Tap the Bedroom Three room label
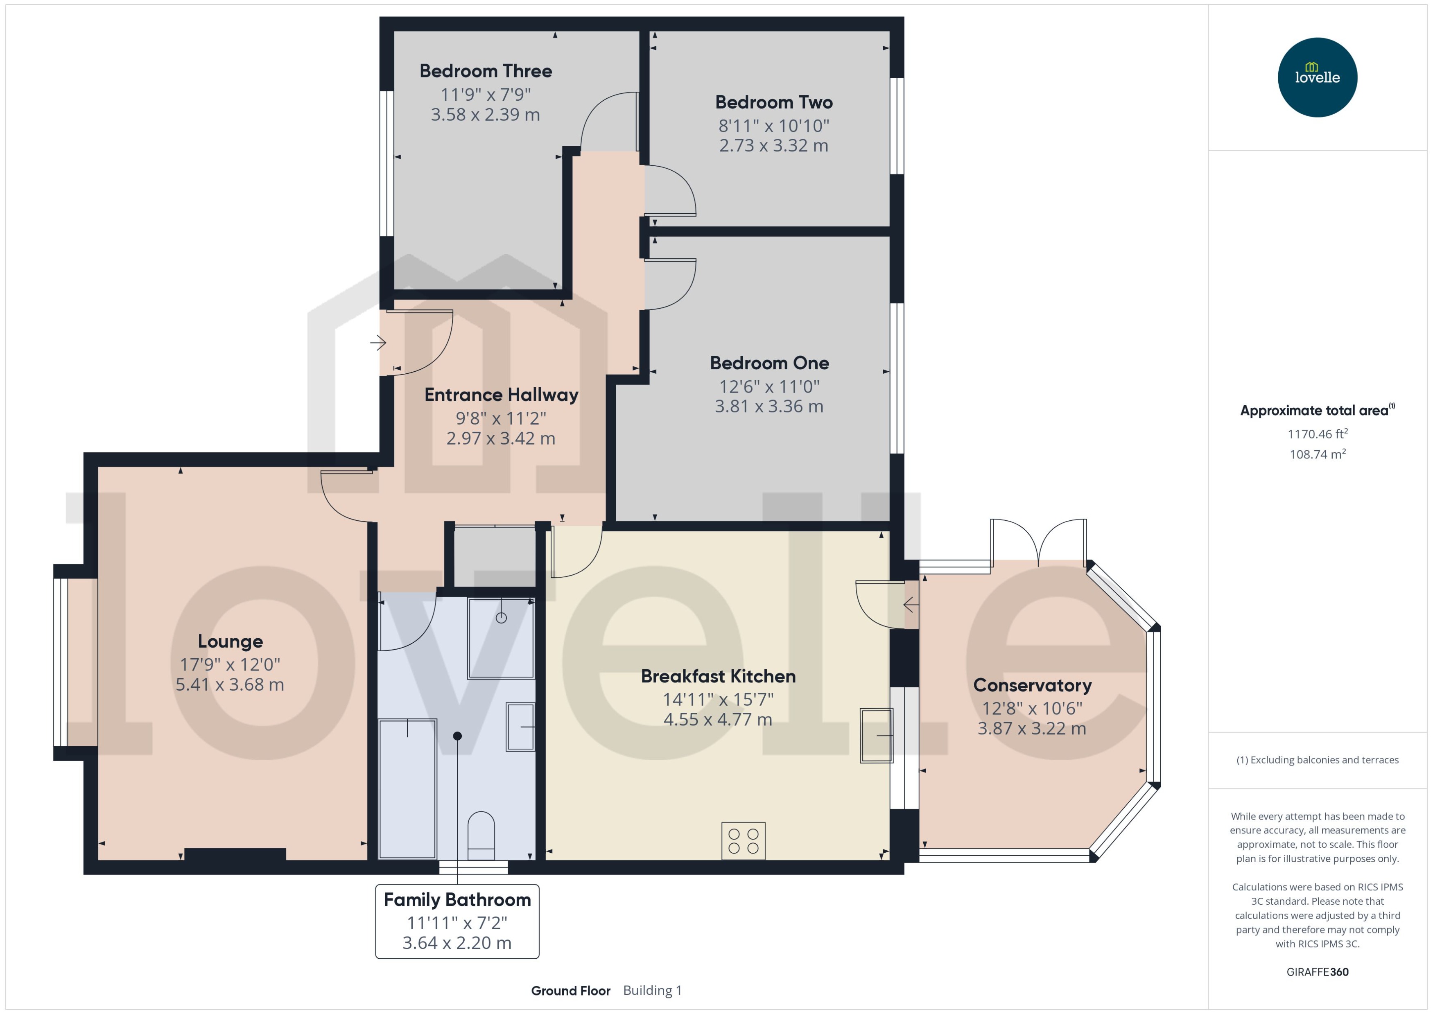(485, 71)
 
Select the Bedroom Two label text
(774, 102)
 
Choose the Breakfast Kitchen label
(718, 676)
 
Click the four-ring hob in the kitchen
(743, 841)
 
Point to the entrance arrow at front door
(378, 343)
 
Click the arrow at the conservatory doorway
(911, 604)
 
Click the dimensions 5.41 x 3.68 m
(230, 684)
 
